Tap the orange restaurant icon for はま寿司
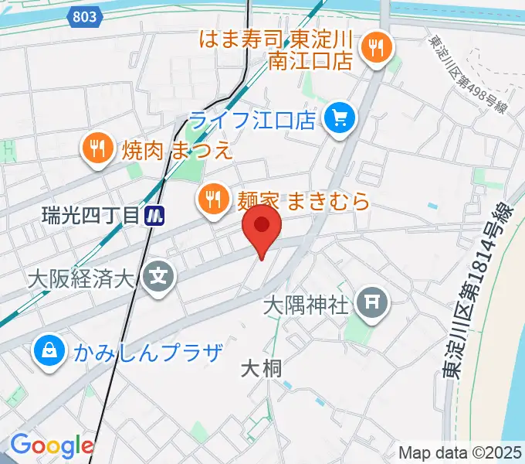tap(377, 48)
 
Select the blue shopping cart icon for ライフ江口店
tap(338, 118)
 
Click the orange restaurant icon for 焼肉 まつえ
tap(97, 147)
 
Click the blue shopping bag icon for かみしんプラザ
tap(48, 352)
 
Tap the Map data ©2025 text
tap(460, 452)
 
